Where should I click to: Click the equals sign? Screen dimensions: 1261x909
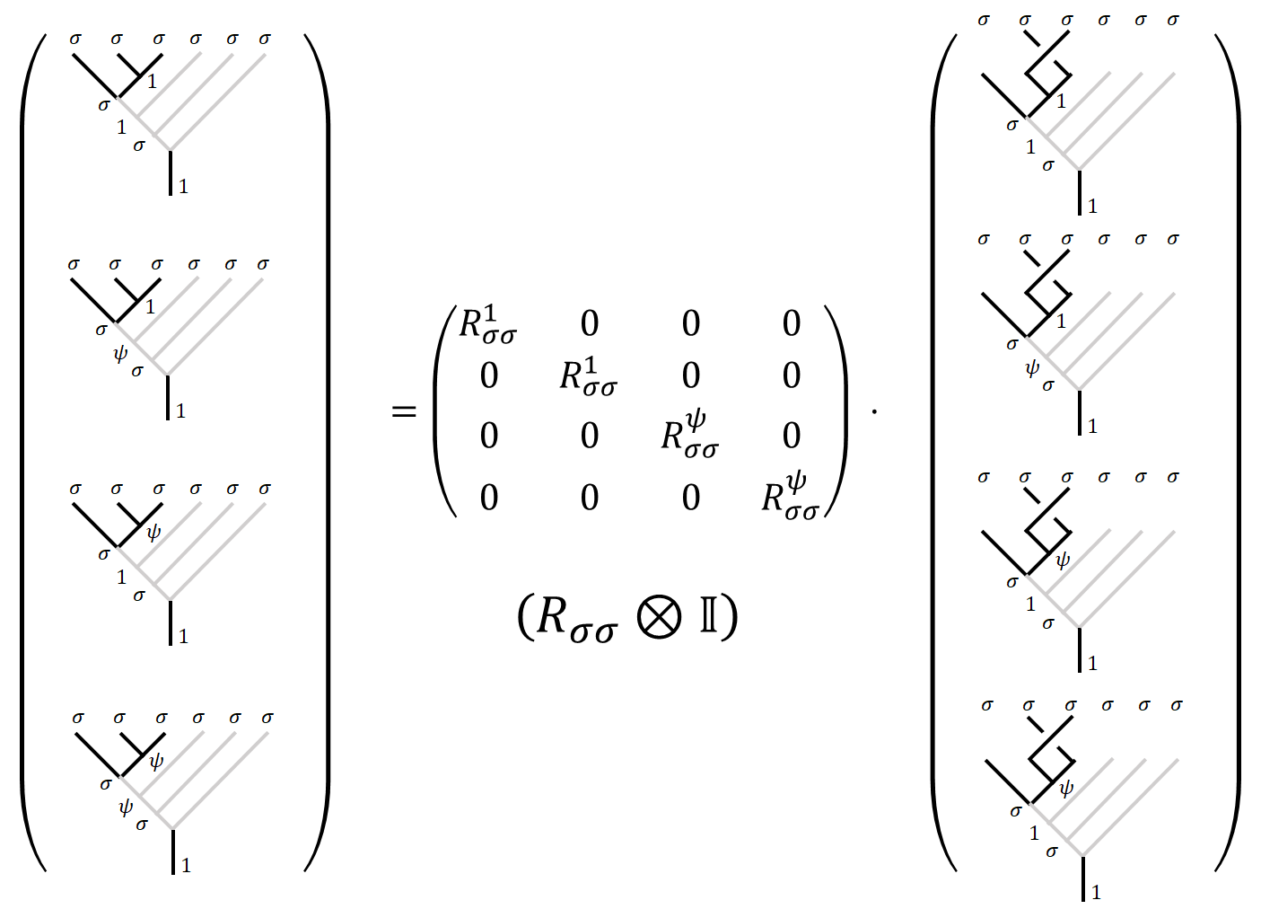405,411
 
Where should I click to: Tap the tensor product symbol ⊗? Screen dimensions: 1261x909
659,617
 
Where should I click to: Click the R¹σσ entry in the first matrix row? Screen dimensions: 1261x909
487,324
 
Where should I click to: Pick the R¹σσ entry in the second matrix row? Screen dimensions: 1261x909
588,376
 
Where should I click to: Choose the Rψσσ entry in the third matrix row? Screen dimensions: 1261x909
689,435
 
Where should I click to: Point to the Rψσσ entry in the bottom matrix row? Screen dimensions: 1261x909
790,497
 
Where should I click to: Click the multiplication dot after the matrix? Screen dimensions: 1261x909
874,412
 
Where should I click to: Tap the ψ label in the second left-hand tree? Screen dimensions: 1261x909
120,353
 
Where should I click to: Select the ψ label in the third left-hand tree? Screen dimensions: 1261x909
153,532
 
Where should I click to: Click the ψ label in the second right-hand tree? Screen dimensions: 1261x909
1032,367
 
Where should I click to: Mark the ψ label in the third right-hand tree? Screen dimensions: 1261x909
1063,560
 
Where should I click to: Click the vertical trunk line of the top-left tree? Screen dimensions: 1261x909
171,172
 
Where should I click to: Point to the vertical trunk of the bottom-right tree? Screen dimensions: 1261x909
1083,878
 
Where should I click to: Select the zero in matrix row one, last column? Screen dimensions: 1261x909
791,324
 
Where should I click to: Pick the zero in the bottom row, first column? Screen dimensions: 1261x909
488,498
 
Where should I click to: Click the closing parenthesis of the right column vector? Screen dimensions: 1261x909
1228,453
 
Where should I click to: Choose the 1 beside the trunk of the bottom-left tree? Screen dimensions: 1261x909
186,866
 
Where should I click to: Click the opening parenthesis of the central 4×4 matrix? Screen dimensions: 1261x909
445,411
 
